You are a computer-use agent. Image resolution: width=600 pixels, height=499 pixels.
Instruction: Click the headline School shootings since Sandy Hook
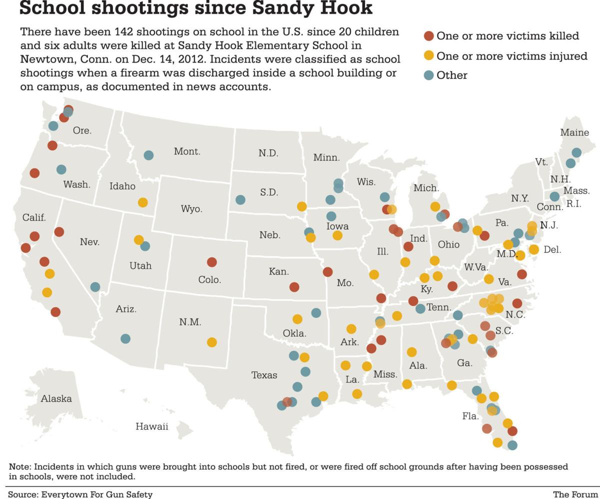coord(195,8)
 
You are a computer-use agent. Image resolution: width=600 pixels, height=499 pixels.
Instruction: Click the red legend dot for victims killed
coord(429,36)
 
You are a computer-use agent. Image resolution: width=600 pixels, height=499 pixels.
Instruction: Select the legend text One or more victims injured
coord(511,56)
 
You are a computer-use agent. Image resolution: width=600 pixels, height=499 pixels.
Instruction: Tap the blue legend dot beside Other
coord(429,75)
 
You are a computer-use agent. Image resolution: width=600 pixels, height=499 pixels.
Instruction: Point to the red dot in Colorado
coord(211,262)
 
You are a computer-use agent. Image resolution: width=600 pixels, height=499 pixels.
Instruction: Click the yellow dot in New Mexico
coord(211,342)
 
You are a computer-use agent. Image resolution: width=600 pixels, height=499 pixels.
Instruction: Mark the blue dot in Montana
coord(148,155)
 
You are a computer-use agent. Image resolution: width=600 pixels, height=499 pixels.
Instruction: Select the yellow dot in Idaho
coord(142,202)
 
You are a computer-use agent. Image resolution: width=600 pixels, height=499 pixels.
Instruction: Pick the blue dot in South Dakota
coord(240,200)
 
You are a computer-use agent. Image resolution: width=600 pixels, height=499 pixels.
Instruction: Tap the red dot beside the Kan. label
coord(294,287)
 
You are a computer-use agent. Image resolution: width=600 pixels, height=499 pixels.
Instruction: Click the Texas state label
coord(264,375)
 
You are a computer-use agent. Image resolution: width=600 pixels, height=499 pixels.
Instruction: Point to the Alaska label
coord(56,399)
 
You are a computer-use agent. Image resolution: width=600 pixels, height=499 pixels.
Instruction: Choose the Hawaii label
coord(151,426)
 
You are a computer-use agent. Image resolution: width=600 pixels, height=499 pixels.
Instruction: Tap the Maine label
coord(574,133)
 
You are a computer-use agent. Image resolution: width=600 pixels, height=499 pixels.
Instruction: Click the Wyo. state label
coord(191,209)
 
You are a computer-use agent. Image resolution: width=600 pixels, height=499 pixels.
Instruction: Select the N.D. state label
coord(268,153)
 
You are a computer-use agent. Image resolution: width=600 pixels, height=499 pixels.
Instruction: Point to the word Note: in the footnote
coord(20,466)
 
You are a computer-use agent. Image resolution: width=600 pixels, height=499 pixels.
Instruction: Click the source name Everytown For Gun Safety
coord(96,494)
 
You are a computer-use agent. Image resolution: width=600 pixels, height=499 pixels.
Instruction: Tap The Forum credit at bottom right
coord(575,494)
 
